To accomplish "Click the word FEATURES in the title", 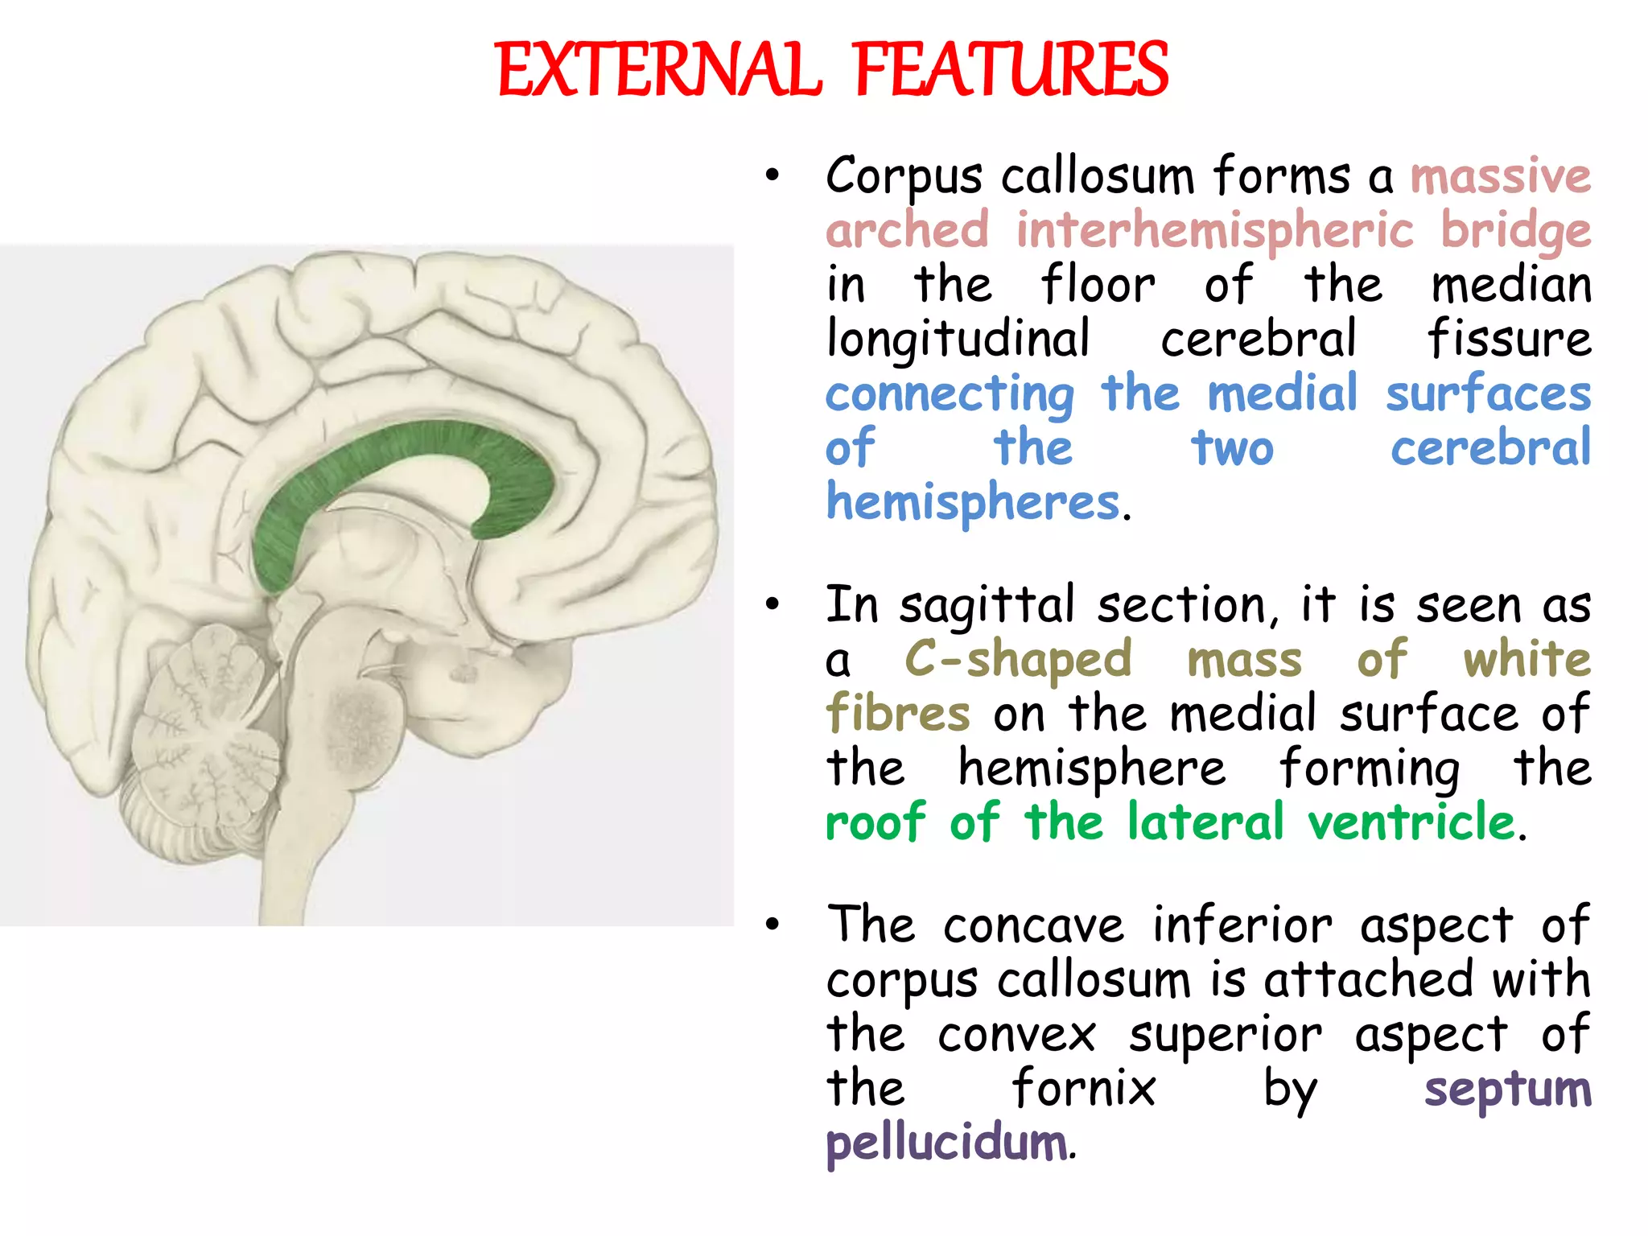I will click(1011, 71).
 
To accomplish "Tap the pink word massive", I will click(1501, 177).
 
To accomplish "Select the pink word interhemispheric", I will click(1214, 231).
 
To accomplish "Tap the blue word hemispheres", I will click(973, 504).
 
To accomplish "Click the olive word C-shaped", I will click(1018, 661).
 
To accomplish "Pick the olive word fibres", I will click(898, 715).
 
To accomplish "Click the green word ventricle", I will click(1411, 823).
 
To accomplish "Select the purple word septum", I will click(1507, 1090).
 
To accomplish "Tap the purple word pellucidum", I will click(947, 1144).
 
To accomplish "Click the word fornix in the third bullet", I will click(1083, 1090).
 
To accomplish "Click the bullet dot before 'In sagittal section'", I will click(772, 605).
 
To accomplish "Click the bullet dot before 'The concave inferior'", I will click(772, 925).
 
